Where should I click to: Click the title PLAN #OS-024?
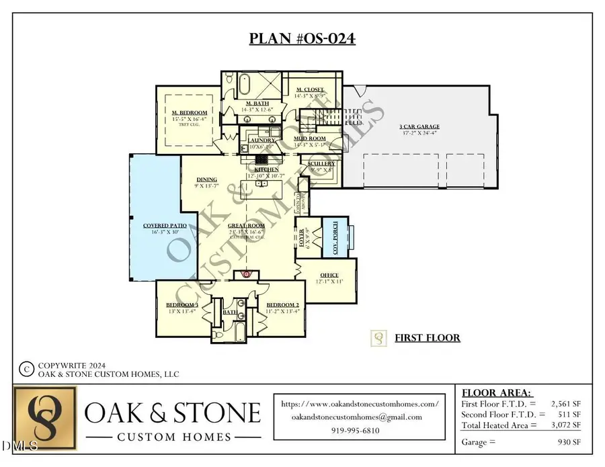pyautogui.click(x=302, y=38)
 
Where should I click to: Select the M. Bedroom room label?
pyautogui.click(x=189, y=112)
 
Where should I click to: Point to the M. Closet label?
pyautogui.click(x=310, y=90)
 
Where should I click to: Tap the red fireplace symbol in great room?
pyautogui.click(x=246, y=274)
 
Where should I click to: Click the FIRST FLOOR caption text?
pyautogui.click(x=427, y=337)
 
